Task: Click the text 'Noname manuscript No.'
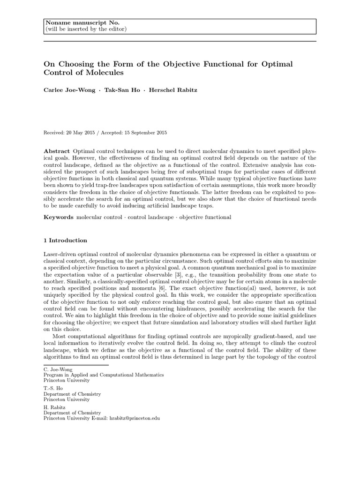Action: coord(75,23)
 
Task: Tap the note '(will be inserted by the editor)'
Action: coord(85,29)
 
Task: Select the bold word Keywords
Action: coord(59,217)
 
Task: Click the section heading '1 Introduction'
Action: coord(65,240)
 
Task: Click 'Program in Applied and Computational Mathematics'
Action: coord(104,375)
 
